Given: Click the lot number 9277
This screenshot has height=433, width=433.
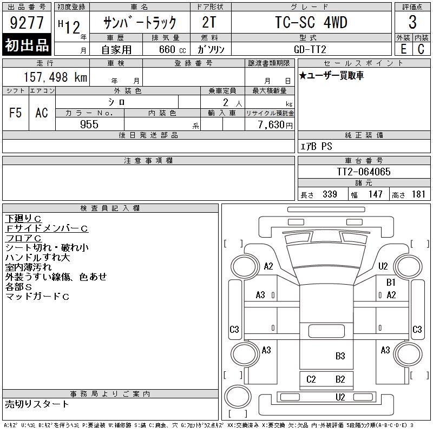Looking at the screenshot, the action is click(27, 23).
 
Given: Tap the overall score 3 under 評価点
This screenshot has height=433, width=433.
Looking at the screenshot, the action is click(412, 22).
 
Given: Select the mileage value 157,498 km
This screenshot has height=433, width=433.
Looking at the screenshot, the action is click(55, 77).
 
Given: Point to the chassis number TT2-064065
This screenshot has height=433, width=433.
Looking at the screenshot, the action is click(364, 172).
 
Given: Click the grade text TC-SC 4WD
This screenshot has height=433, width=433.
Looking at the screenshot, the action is click(311, 22).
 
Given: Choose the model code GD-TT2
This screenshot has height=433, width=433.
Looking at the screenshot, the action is click(310, 49).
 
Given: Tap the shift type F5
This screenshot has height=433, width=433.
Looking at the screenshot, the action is click(16, 113).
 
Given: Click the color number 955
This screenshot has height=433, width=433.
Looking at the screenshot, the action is click(89, 124).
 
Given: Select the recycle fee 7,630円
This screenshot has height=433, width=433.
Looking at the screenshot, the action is click(275, 125).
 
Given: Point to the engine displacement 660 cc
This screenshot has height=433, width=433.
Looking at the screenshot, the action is click(172, 49).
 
